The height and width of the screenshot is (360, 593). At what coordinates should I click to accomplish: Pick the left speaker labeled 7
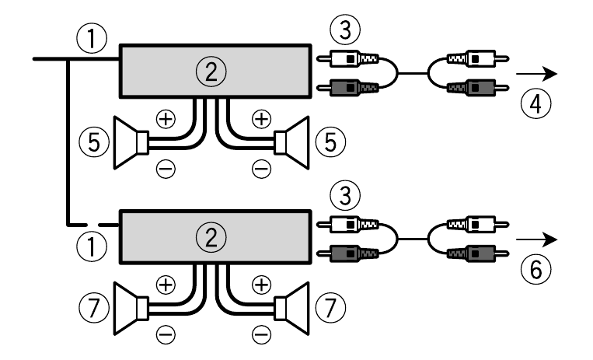[x=130, y=309]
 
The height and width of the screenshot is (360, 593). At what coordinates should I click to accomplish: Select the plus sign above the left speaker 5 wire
[x=164, y=119]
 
